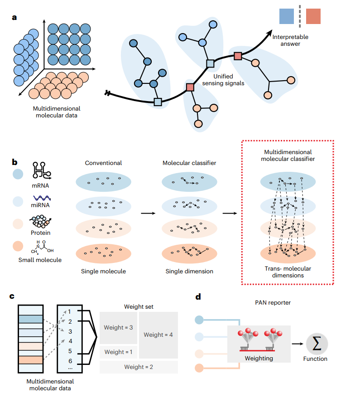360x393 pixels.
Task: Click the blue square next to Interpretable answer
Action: click(x=287, y=16)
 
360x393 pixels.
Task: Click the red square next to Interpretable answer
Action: click(x=313, y=16)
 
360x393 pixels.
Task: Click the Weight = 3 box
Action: click(x=118, y=327)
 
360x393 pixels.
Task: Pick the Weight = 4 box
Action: click(x=158, y=335)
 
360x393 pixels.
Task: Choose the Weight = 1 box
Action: click(x=118, y=352)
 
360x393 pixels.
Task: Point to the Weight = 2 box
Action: click(x=139, y=367)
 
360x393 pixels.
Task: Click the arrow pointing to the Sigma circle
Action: click(x=297, y=344)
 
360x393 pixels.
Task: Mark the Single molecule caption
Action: click(x=103, y=271)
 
